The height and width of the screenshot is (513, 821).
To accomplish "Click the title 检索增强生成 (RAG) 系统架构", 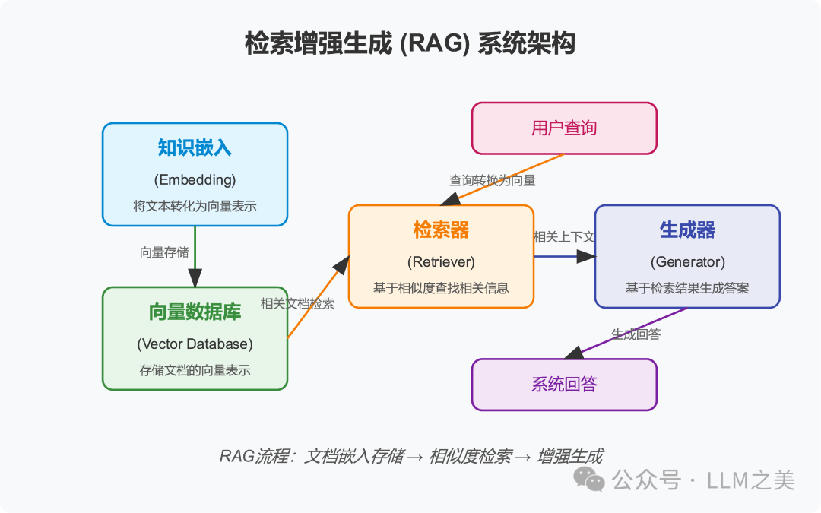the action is click(x=410, y=43).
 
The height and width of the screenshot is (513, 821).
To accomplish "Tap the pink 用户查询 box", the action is click(x=564, y=128).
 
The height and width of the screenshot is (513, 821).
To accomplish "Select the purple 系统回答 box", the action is click(x=564, y=385).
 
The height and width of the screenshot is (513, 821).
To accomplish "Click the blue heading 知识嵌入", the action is click(x=195, y=147).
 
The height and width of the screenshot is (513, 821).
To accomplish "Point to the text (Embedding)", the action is click(x=195, y=179).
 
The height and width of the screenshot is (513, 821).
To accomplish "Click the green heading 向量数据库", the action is click(x=195, y=312).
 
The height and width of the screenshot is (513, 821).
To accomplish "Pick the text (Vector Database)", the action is click(x=195, y=344).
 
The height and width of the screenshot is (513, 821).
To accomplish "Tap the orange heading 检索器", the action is click(x=441, y=230).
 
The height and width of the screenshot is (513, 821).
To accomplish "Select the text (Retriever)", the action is click(x=441, y=261).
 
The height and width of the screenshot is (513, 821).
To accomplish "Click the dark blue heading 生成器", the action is click(x=687, y=230).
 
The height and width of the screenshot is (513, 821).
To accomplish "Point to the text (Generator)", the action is click(x=687, y=261).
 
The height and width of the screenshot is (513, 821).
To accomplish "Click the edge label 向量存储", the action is click(x=164, y=252).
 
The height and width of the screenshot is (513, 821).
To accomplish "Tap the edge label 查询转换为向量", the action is click(x=492, y=181).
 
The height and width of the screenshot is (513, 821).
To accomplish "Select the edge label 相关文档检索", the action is click(x=297, y=303).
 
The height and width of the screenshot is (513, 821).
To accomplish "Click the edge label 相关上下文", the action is click(x=564, y=237).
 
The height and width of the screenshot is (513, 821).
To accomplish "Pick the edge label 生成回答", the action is click(x=636, y=334).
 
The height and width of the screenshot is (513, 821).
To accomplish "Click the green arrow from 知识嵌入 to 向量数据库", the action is click(x=195, y=257).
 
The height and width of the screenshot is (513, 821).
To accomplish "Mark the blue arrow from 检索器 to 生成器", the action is click(x=564, y=257).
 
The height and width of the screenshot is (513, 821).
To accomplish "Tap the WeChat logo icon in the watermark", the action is click(x=589, y=480).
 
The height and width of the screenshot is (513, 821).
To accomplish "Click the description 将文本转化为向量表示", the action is click(x=195, y=206).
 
